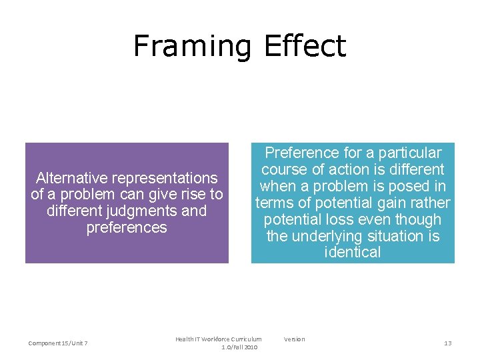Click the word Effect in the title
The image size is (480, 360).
[x=305, y=45]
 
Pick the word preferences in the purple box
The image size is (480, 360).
[x=127, y=227]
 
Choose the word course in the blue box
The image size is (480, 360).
[x=284, y=169]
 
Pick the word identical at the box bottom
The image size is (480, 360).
[x=353, y=252]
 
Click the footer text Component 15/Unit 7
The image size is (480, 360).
[x=59, y=343]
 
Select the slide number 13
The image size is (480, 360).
[x=448, y=343]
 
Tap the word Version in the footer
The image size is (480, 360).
[x=294, y=339]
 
